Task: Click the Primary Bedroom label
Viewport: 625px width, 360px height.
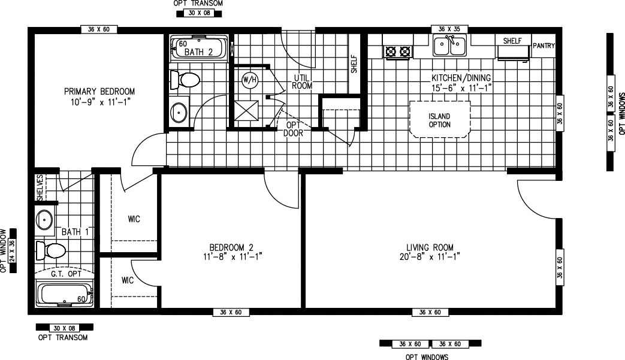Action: (99, 92)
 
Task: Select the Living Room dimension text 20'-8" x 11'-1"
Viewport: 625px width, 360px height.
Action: (429, 256)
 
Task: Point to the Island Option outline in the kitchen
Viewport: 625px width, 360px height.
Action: (439, 120)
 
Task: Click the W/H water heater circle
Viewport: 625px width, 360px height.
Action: (249, 79)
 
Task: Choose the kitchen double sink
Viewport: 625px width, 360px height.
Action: (449, 46)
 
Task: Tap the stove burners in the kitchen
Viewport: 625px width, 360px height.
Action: (398, 52)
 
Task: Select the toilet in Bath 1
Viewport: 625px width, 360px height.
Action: (50, 250)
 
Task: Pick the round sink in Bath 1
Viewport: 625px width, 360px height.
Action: (45, 220)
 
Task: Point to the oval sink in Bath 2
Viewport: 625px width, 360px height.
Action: (179, 112)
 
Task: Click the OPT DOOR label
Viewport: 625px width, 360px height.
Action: (293, 129)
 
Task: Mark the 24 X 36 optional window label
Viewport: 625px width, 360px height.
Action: (11, 250)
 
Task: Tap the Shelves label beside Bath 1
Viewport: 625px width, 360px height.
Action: (40, 187)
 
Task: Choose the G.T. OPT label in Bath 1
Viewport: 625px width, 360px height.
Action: (65, 275)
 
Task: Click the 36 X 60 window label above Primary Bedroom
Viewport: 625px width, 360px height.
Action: (99, 29)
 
